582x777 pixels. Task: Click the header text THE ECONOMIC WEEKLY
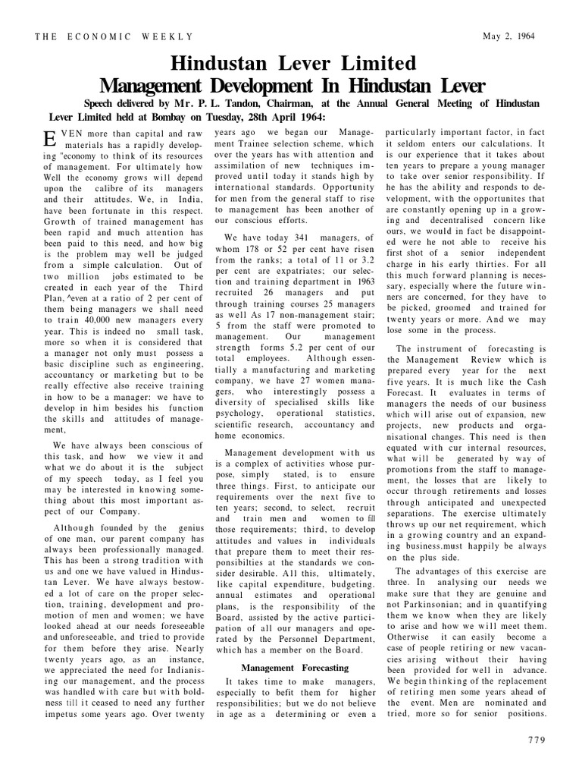pos(114,36)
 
